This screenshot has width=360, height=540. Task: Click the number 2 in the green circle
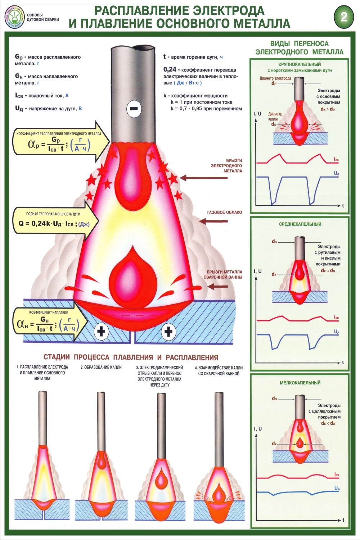coord(344,17)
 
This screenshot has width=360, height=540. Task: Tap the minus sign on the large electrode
coord(134,108)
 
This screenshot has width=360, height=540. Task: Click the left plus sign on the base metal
coord(101,331)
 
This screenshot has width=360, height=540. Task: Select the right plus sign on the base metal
coord(168,331)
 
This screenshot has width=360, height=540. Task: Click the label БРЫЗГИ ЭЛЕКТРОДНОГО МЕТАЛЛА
coord(226,166)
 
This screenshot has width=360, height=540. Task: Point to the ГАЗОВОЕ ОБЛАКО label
coord(224,212)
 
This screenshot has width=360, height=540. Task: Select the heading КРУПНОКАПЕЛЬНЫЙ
coord(300,64)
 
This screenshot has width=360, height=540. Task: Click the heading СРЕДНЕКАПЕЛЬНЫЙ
coord(300,224)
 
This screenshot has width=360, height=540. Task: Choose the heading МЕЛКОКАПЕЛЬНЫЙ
coord(300,383)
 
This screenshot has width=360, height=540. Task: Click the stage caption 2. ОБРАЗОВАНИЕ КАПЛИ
coord(101,367)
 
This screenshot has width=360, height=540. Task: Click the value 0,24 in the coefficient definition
coord(170,69)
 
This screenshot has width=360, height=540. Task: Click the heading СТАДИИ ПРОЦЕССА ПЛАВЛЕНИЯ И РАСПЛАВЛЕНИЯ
coord(131,357)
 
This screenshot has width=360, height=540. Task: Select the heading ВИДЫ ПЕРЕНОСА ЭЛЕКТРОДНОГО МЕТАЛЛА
coord(299,48)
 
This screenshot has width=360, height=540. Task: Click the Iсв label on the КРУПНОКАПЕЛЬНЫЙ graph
coord(336,159)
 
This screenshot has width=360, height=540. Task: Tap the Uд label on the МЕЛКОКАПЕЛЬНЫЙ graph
coord(337,488)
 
